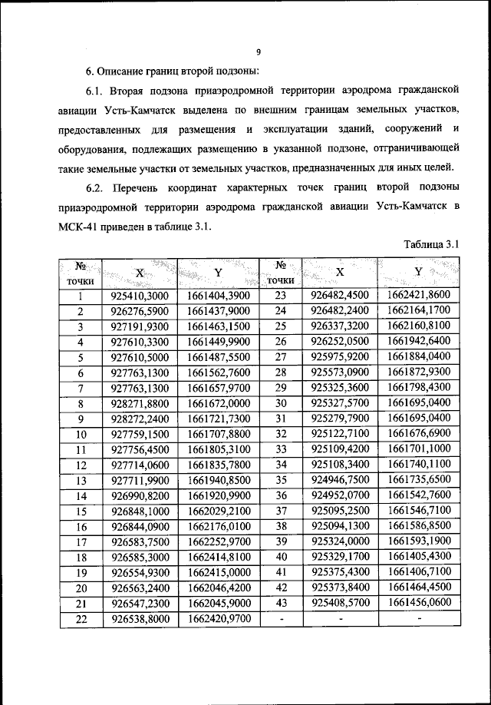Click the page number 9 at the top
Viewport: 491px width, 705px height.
coord(259,52)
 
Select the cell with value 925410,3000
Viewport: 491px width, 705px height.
coord(140,296)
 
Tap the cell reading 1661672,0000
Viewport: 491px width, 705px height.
coord(219,402)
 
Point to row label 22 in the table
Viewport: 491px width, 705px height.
coord(80,617)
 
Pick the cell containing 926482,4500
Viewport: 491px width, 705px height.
coord(340,296)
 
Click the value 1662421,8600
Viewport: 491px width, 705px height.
coord(419,296)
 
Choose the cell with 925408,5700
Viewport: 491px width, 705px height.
coord(340,602)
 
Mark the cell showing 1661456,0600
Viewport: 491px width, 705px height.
coord(419,602)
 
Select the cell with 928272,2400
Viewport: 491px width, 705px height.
coord(140,418)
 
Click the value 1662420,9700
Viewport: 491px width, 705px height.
coord(219,617)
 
